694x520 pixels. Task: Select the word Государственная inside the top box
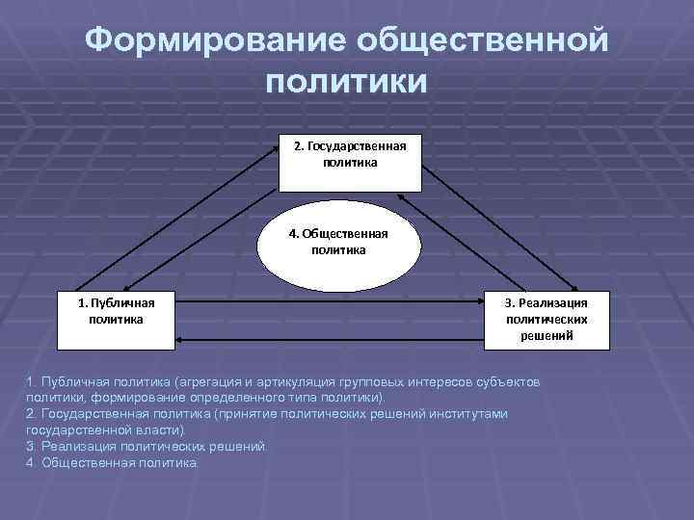pyautogui.click(x=357, y=146)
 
